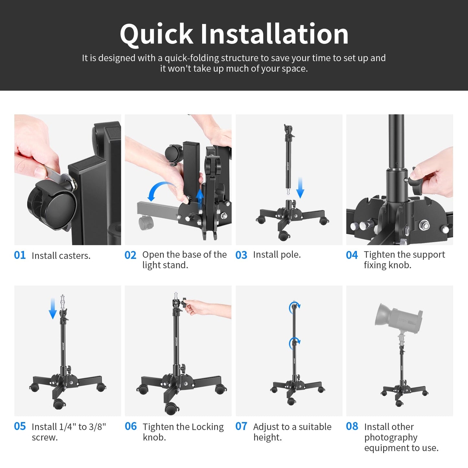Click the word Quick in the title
coord(156,34)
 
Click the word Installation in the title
coord(274,34)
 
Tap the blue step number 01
coord(20,255)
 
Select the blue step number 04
coord(352,255)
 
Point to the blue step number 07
coord(241,426)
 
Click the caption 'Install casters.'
coord(61,256)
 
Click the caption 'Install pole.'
coord(277,255)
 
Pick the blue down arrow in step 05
coord(53,309)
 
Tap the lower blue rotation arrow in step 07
coord(295,343)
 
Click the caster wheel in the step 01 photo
coord(52,207)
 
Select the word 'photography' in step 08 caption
coord(391,438)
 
